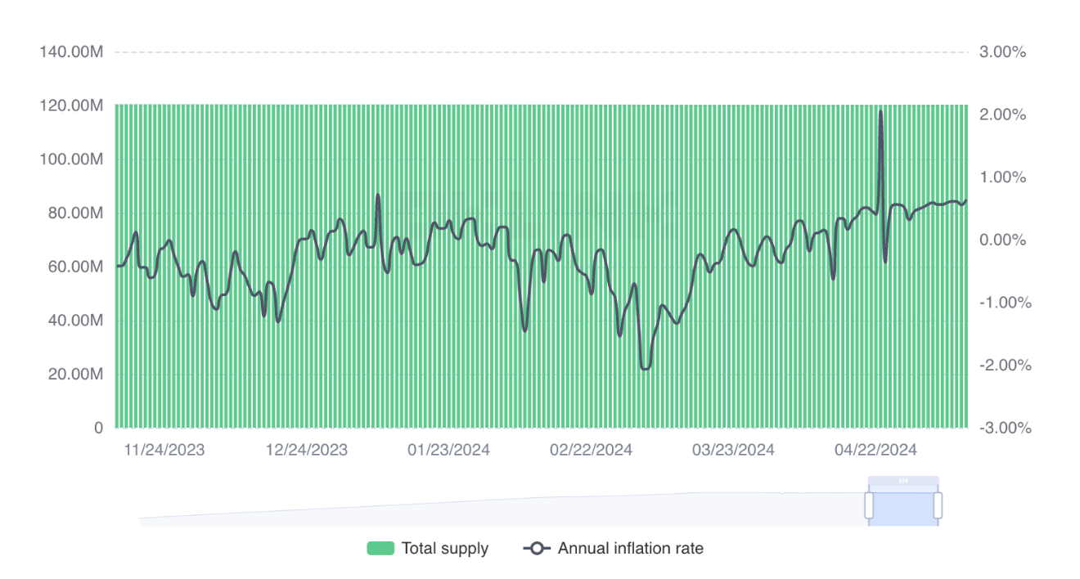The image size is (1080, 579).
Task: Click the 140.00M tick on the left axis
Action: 71,52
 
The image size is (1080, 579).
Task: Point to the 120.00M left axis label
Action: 71,105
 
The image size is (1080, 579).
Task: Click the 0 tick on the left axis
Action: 99,428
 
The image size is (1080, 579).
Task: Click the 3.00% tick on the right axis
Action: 1002,52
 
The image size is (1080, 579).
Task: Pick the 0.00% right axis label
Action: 1002,240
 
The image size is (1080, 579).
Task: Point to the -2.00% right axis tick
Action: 1005,366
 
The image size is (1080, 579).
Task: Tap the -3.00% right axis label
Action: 1005,428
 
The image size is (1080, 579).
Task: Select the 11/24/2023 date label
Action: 164,450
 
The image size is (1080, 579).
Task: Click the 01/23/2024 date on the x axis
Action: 449,450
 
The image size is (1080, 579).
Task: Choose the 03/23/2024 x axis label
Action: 733,450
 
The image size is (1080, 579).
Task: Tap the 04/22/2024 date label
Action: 875,450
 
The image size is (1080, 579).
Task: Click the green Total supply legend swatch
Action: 380,549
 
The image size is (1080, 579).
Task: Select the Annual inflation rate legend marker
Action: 537,549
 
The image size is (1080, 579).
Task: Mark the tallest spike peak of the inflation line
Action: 880,111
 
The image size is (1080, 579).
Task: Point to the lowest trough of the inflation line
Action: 645,369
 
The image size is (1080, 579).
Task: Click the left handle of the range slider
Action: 869,505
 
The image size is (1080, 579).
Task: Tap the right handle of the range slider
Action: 938,505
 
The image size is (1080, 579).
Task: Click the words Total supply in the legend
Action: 444,549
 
